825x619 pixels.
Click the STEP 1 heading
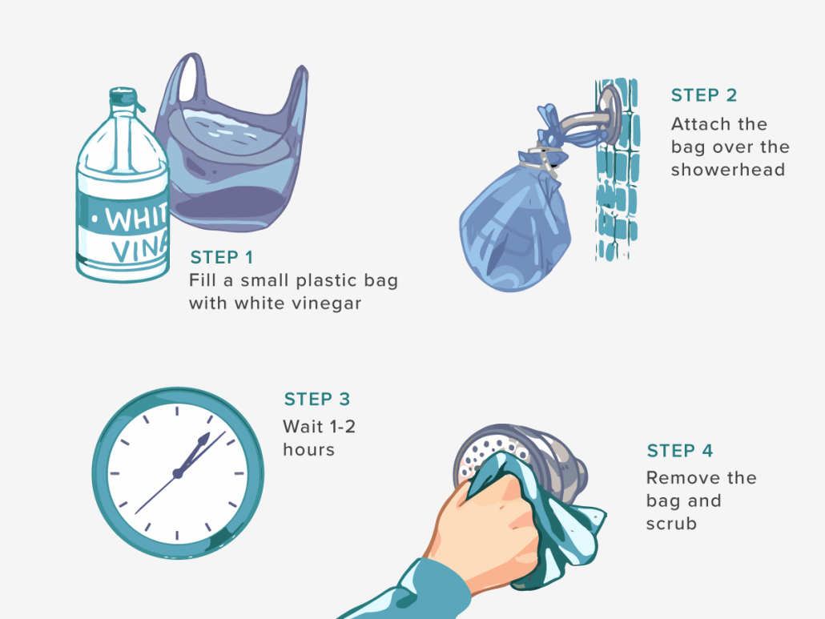[222, 257]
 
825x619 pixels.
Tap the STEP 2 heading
[703, 95]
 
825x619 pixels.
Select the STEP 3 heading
[317, 400]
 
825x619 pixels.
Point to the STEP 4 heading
[679, 451]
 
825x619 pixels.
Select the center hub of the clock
[178, 473]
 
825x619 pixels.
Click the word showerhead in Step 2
[727, 170]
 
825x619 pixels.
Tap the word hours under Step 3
[308, 450]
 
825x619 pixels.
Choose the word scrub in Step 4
[671, 524]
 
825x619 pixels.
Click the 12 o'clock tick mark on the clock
[178, 410]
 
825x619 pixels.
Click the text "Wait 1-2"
[319, 427]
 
